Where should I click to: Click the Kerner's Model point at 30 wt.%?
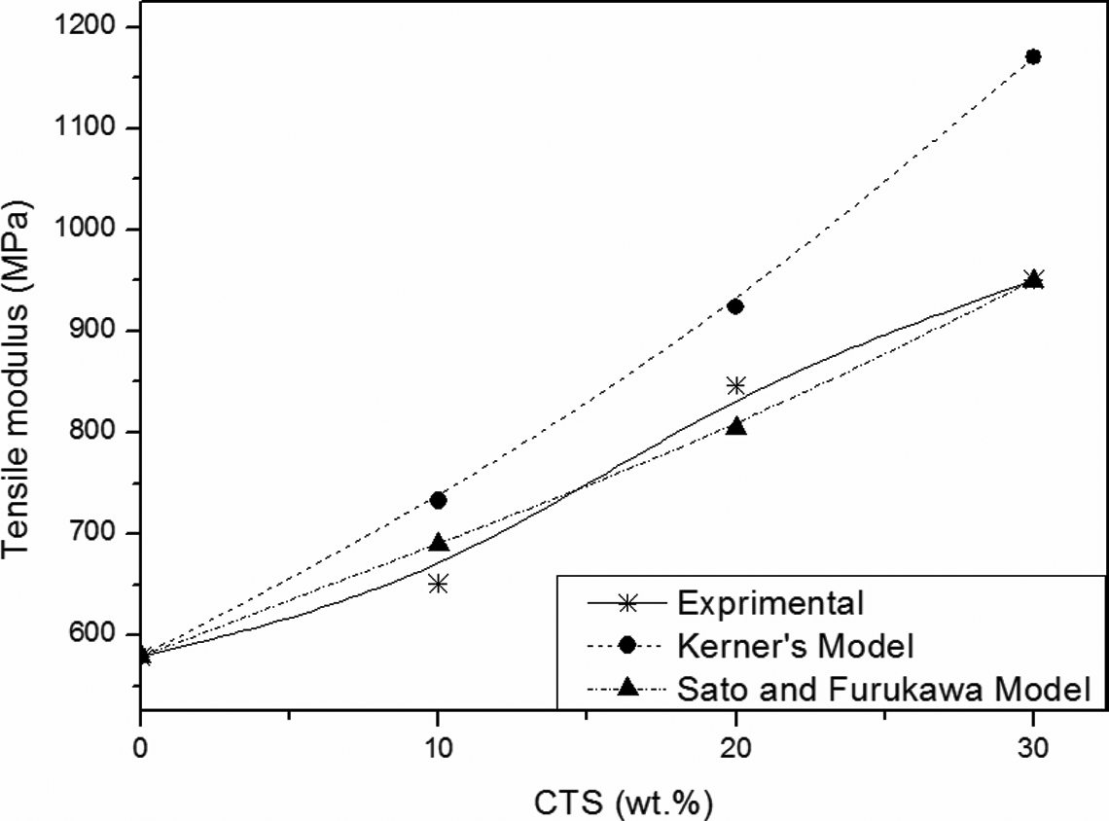pyautogui.click(x=1033, y=56)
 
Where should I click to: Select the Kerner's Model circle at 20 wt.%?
pyautogui.click(x=735, y=306)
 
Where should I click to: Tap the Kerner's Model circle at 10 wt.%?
pyautogui.click(x=439, y=501)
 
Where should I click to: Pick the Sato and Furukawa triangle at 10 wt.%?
pyautogui.click(x=439, y=543)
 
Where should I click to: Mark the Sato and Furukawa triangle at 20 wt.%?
pyautogui.click(x=736, y=426)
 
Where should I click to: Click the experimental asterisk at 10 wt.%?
pyautogui.click(x=439, y=584)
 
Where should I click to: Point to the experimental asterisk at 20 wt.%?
pyautogui.click(x=736, y=385)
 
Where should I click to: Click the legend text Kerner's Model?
pyautogui.click(x=796, y=646)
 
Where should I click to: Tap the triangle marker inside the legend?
pyautogui.click(x=627, y=687)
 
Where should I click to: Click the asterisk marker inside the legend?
pyautogui.click(x=627, y=603)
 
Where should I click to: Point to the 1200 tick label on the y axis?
pyautogui.click(x=85, y=26)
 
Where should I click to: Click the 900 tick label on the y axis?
pyautogui.click(x=92, y=330)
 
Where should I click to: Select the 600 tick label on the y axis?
pyautogui.click(x=92, y=633)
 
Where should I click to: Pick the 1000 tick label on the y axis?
pyautogui.click(x=85, y=229)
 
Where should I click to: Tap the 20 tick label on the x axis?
pyautogui.click(x=736, y=747)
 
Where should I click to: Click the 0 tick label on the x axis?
pyautogui.click(x=141, y=747)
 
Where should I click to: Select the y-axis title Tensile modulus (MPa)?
pyautogui.click(x=17, y=378)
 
